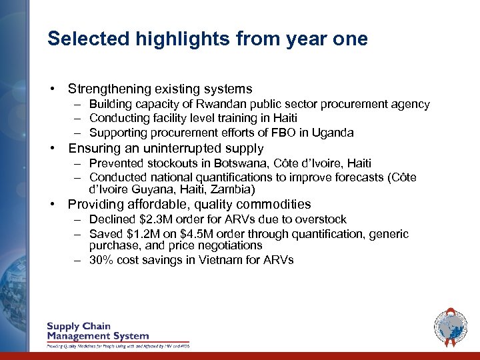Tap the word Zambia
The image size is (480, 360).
point(231,189)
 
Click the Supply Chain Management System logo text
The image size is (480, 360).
point(97,331)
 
